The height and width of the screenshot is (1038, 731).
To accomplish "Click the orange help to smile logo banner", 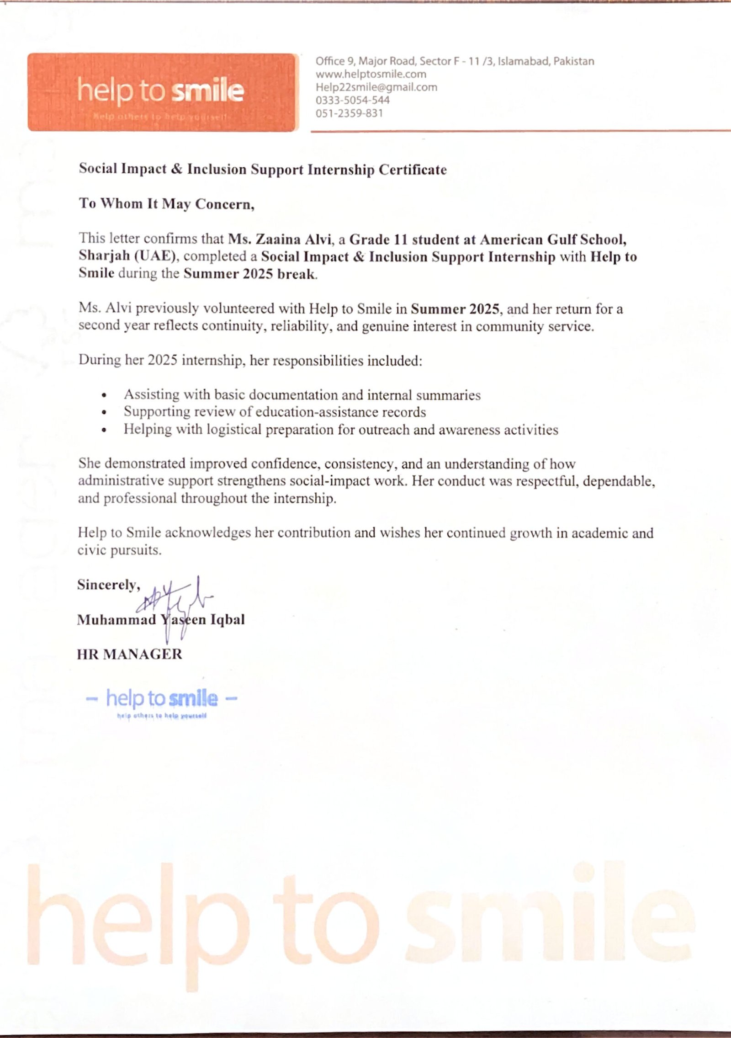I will [x=163, y=92].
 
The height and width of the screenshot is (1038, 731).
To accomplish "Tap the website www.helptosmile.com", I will [x=371, y=74].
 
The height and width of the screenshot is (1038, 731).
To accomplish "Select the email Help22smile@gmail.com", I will [x=376, y=87].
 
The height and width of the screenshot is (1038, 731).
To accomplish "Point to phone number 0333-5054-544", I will [x=352, y=100].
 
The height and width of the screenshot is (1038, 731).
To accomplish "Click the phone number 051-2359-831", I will [x=349, y=113].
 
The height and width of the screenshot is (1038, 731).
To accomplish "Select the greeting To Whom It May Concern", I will [x=166, y=203].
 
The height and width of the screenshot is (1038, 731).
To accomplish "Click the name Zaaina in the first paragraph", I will [x=278, y=239].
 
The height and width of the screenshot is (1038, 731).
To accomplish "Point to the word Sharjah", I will [x=104, y=256].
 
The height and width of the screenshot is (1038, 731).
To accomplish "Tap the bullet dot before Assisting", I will [x=105, y=395].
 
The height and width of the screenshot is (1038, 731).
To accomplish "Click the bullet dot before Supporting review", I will [x=105, y=413].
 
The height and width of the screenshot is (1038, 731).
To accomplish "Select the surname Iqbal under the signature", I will [x=227, y=620].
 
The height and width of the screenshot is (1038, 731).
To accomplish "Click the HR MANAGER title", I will [x=129, y=654].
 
